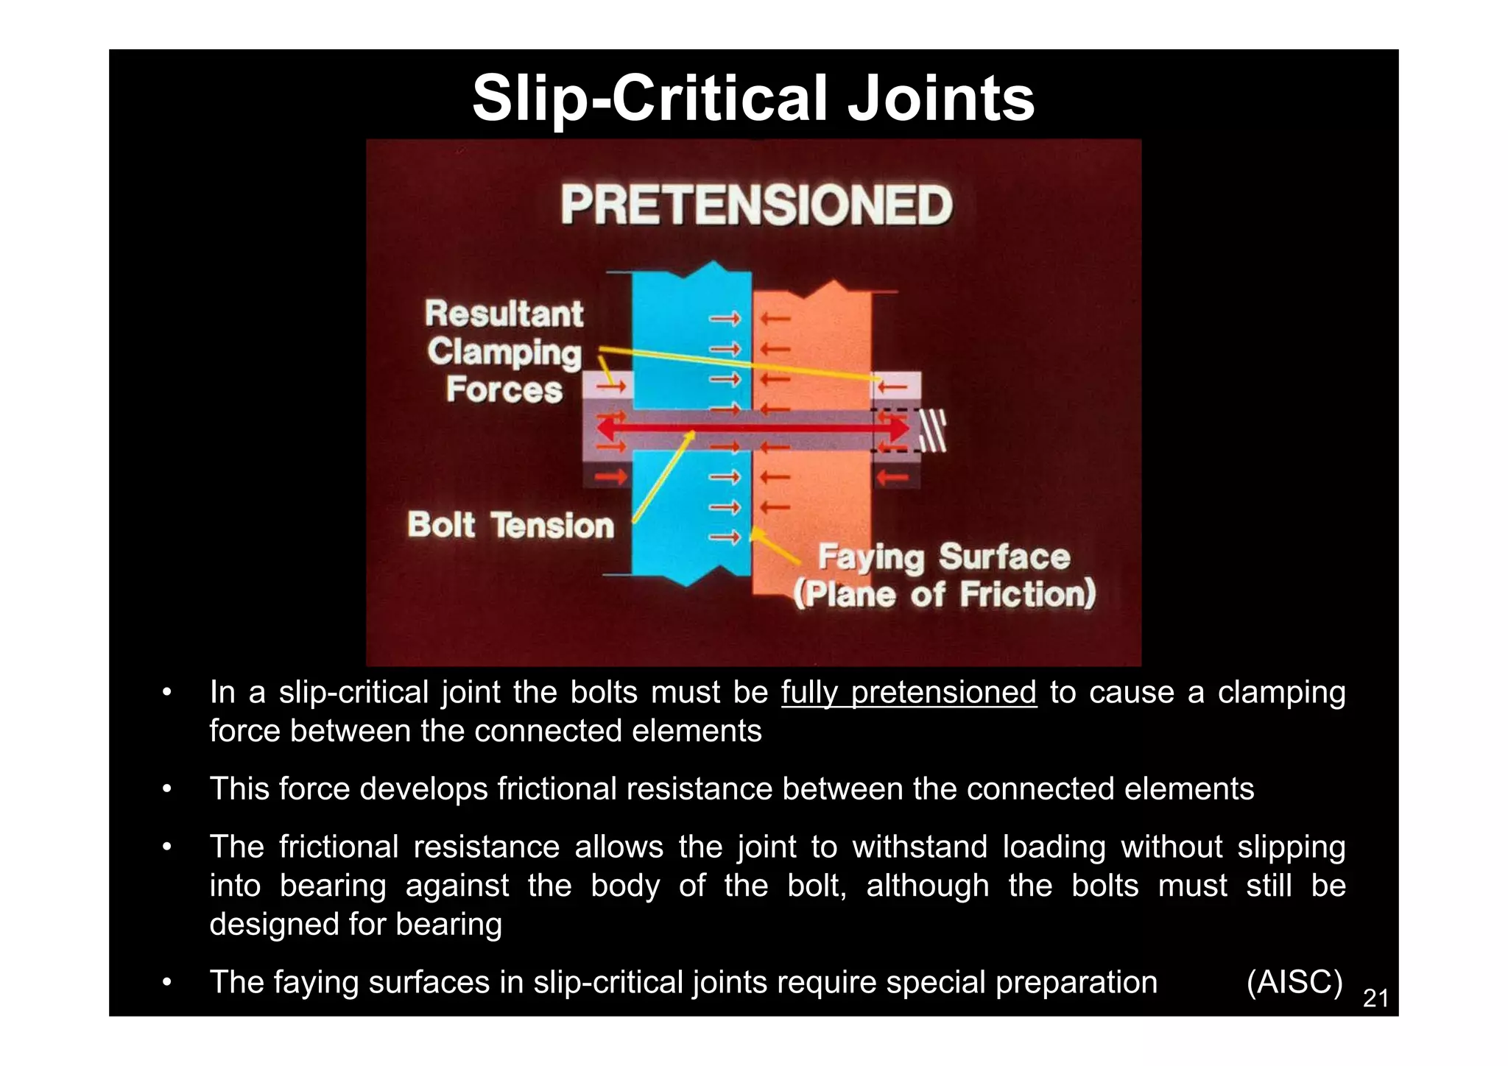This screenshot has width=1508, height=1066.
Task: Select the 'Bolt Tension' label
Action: click(510, 526)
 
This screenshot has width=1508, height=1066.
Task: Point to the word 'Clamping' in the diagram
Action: click(504, 353)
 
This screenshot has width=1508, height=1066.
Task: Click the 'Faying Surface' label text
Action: click(944, 557)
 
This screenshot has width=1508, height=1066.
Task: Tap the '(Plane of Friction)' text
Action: click(944, 594)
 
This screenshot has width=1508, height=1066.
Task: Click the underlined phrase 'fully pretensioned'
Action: click(909, 693)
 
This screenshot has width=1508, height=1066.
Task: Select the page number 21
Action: click(1375, 998)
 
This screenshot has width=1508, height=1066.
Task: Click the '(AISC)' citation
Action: click(1294, 982)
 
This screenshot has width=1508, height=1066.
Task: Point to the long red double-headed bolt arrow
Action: click(751, 428)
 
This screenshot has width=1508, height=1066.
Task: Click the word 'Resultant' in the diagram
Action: click(504, 314)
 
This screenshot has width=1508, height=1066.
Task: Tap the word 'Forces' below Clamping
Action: click(504, 389)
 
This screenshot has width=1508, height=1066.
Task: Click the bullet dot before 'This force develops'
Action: click(167, 789)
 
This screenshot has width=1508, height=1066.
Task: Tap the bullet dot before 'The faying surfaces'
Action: click(167, 982)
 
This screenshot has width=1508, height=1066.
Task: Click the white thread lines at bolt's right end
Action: click(933, 431)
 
